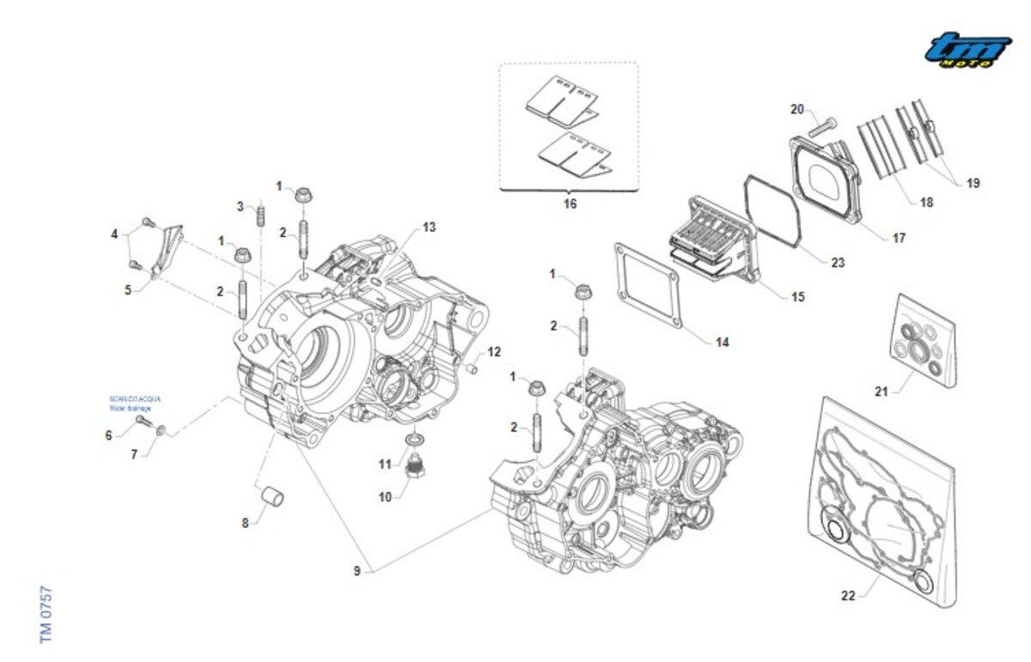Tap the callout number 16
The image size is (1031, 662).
[x=570, y=204]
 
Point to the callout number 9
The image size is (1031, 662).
[x=356, y=571]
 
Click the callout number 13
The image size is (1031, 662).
[x=429, y=228]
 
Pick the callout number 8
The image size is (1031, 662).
[x=246, y=522]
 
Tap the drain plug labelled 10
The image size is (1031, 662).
[x=418, y=471]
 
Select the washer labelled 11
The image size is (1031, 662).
[x=415, y=440]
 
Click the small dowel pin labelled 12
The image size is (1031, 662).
[x=472, y=367]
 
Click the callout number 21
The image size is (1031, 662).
[x=881, y=392]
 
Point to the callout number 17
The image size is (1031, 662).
[x=899, y=238]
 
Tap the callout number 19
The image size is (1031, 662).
[x=973, y=183]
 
